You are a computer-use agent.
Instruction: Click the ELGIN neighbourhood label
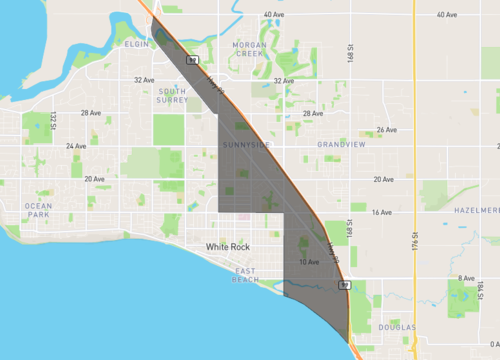point(137,45)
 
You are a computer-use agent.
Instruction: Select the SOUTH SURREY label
point(172,96)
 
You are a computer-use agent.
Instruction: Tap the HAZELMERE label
point(476,211)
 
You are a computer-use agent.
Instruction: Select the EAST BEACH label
point(246,276)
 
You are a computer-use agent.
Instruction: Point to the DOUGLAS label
point(397,327)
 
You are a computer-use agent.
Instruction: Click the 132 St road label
point(51,121)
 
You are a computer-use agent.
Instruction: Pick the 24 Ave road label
point(76,146)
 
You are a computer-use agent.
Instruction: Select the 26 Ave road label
point(386,130)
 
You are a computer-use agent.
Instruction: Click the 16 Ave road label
point(381,213)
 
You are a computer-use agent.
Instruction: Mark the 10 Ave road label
point(309,262)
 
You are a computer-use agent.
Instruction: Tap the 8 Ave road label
point(466,278)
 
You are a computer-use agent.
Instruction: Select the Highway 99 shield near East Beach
point(343,285)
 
